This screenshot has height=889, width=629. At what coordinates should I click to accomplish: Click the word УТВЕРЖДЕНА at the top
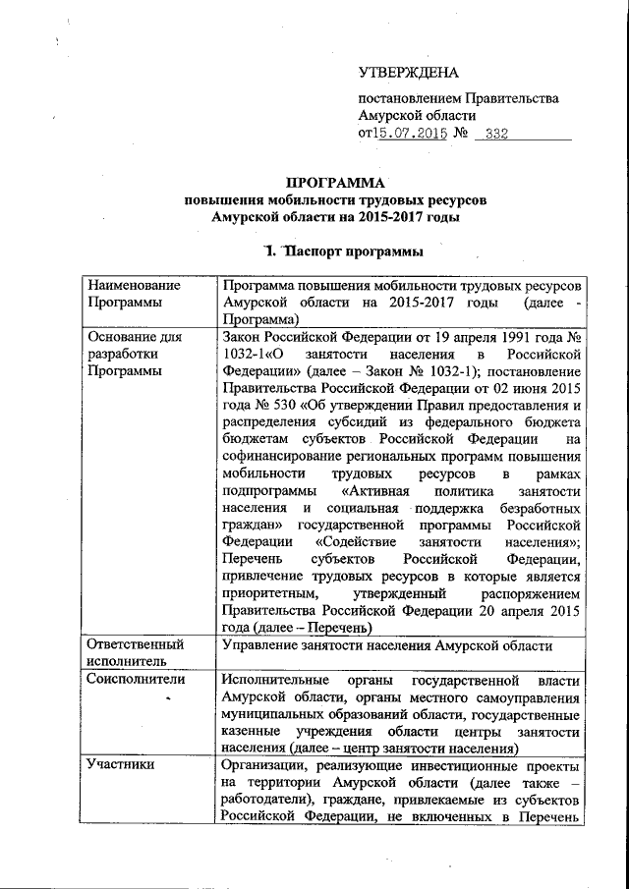point(408,74)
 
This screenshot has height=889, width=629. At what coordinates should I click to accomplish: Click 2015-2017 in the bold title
point(390,215)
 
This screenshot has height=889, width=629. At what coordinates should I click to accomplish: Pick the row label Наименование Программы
point(134,293)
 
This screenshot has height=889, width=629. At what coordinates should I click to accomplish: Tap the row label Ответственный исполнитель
point(136,653)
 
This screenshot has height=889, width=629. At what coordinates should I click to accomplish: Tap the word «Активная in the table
point(377,489)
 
